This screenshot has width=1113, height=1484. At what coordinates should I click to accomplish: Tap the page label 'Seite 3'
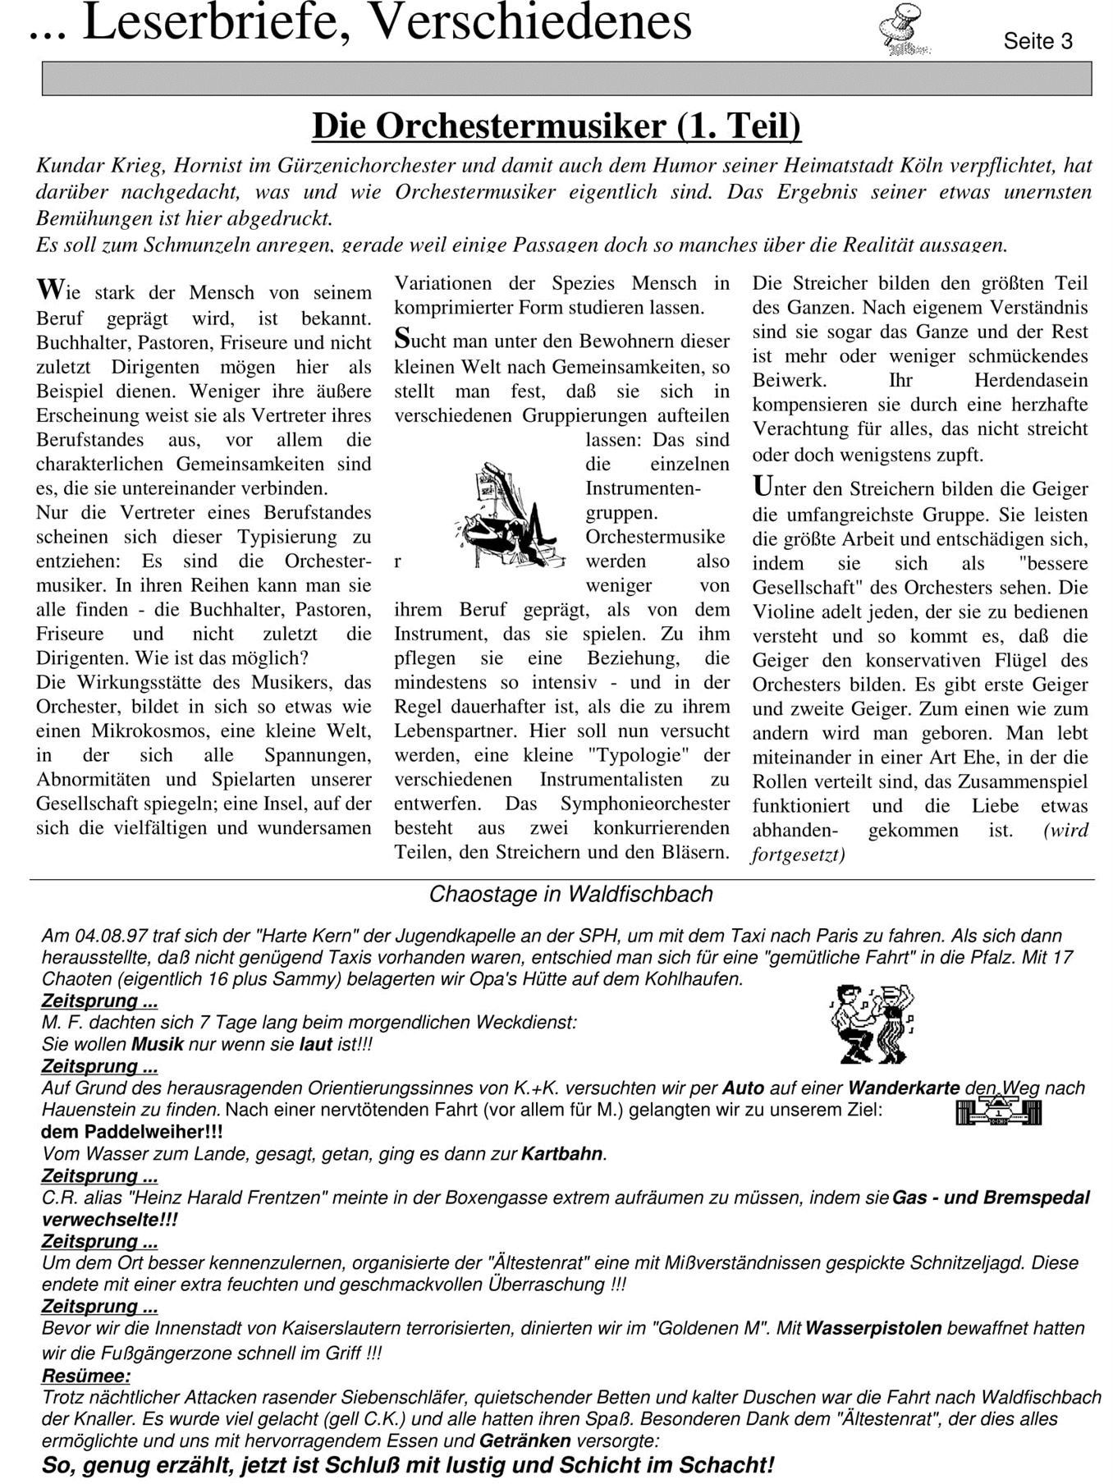1037,42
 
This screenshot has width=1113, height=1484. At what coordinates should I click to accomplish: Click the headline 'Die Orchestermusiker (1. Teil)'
556,126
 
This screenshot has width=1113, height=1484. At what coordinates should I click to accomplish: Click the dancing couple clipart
872,1024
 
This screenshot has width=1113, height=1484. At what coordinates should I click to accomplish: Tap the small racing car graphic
998,1112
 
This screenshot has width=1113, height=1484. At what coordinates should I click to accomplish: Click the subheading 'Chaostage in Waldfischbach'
570,895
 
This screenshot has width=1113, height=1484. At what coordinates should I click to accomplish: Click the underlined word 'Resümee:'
85,1376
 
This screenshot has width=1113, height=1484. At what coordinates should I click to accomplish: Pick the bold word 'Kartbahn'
563,1154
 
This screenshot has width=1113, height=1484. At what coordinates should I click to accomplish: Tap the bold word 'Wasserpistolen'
873,1328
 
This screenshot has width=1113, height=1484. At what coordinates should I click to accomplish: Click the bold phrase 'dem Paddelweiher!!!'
131,1132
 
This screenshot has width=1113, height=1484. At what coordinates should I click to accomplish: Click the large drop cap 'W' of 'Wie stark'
49,290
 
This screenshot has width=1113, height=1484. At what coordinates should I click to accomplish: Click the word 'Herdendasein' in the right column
1031,381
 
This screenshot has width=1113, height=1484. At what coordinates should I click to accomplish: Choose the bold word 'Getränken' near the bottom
525,1440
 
